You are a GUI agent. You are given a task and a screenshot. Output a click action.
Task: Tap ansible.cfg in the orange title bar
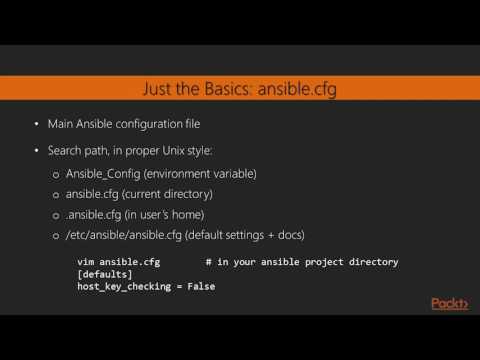point(297,89)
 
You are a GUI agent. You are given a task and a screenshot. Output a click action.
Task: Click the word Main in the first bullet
point(62,126)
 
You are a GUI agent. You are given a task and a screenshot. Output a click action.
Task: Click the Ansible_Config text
point(105,174)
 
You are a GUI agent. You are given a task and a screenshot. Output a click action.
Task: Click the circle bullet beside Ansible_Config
point(56,175)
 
